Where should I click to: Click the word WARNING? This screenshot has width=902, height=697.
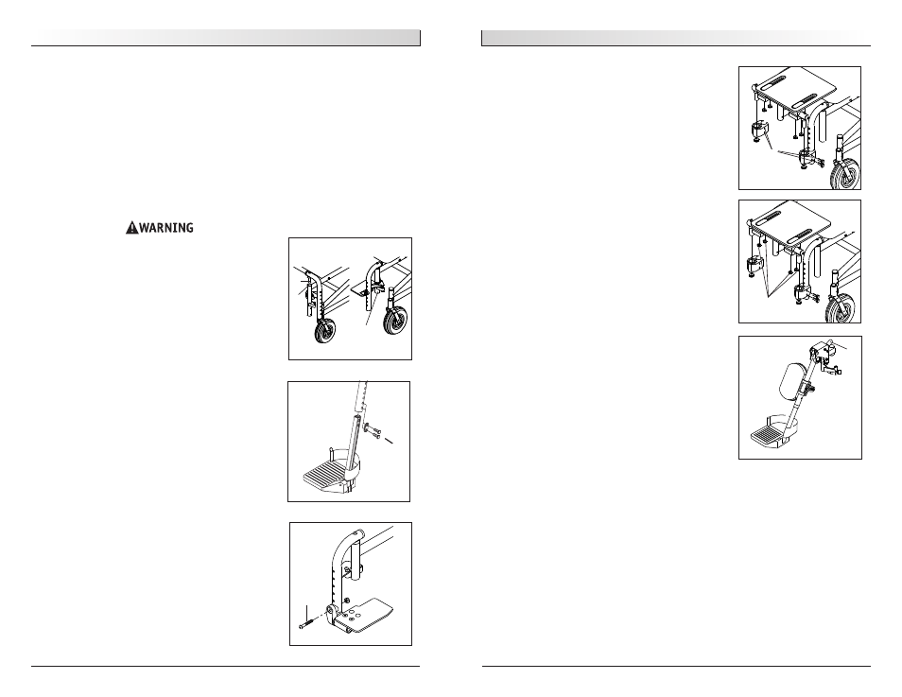(166, 228)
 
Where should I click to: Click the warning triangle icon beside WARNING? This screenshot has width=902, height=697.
(132, 228)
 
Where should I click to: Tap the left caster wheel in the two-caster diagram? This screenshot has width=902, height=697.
(325, 332)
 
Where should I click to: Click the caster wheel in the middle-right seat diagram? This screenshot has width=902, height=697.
(841, 308)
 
